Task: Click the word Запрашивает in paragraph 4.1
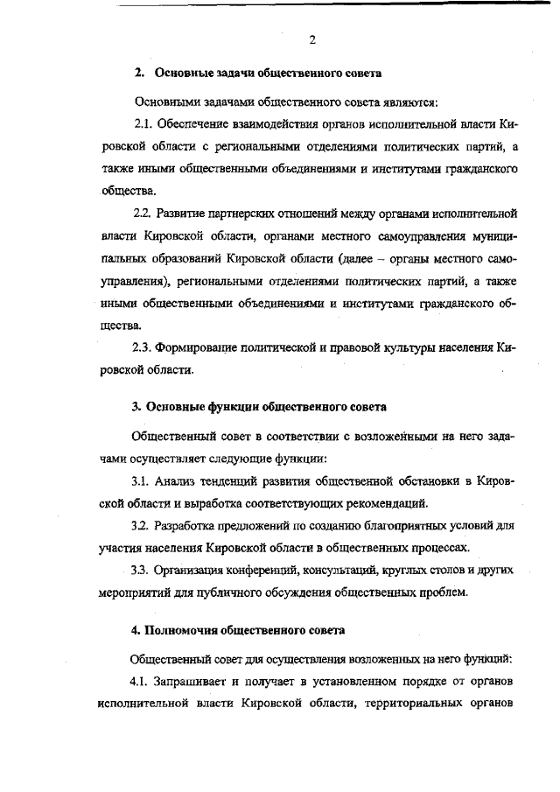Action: point(196,681)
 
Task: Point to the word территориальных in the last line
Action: point(410,704)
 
